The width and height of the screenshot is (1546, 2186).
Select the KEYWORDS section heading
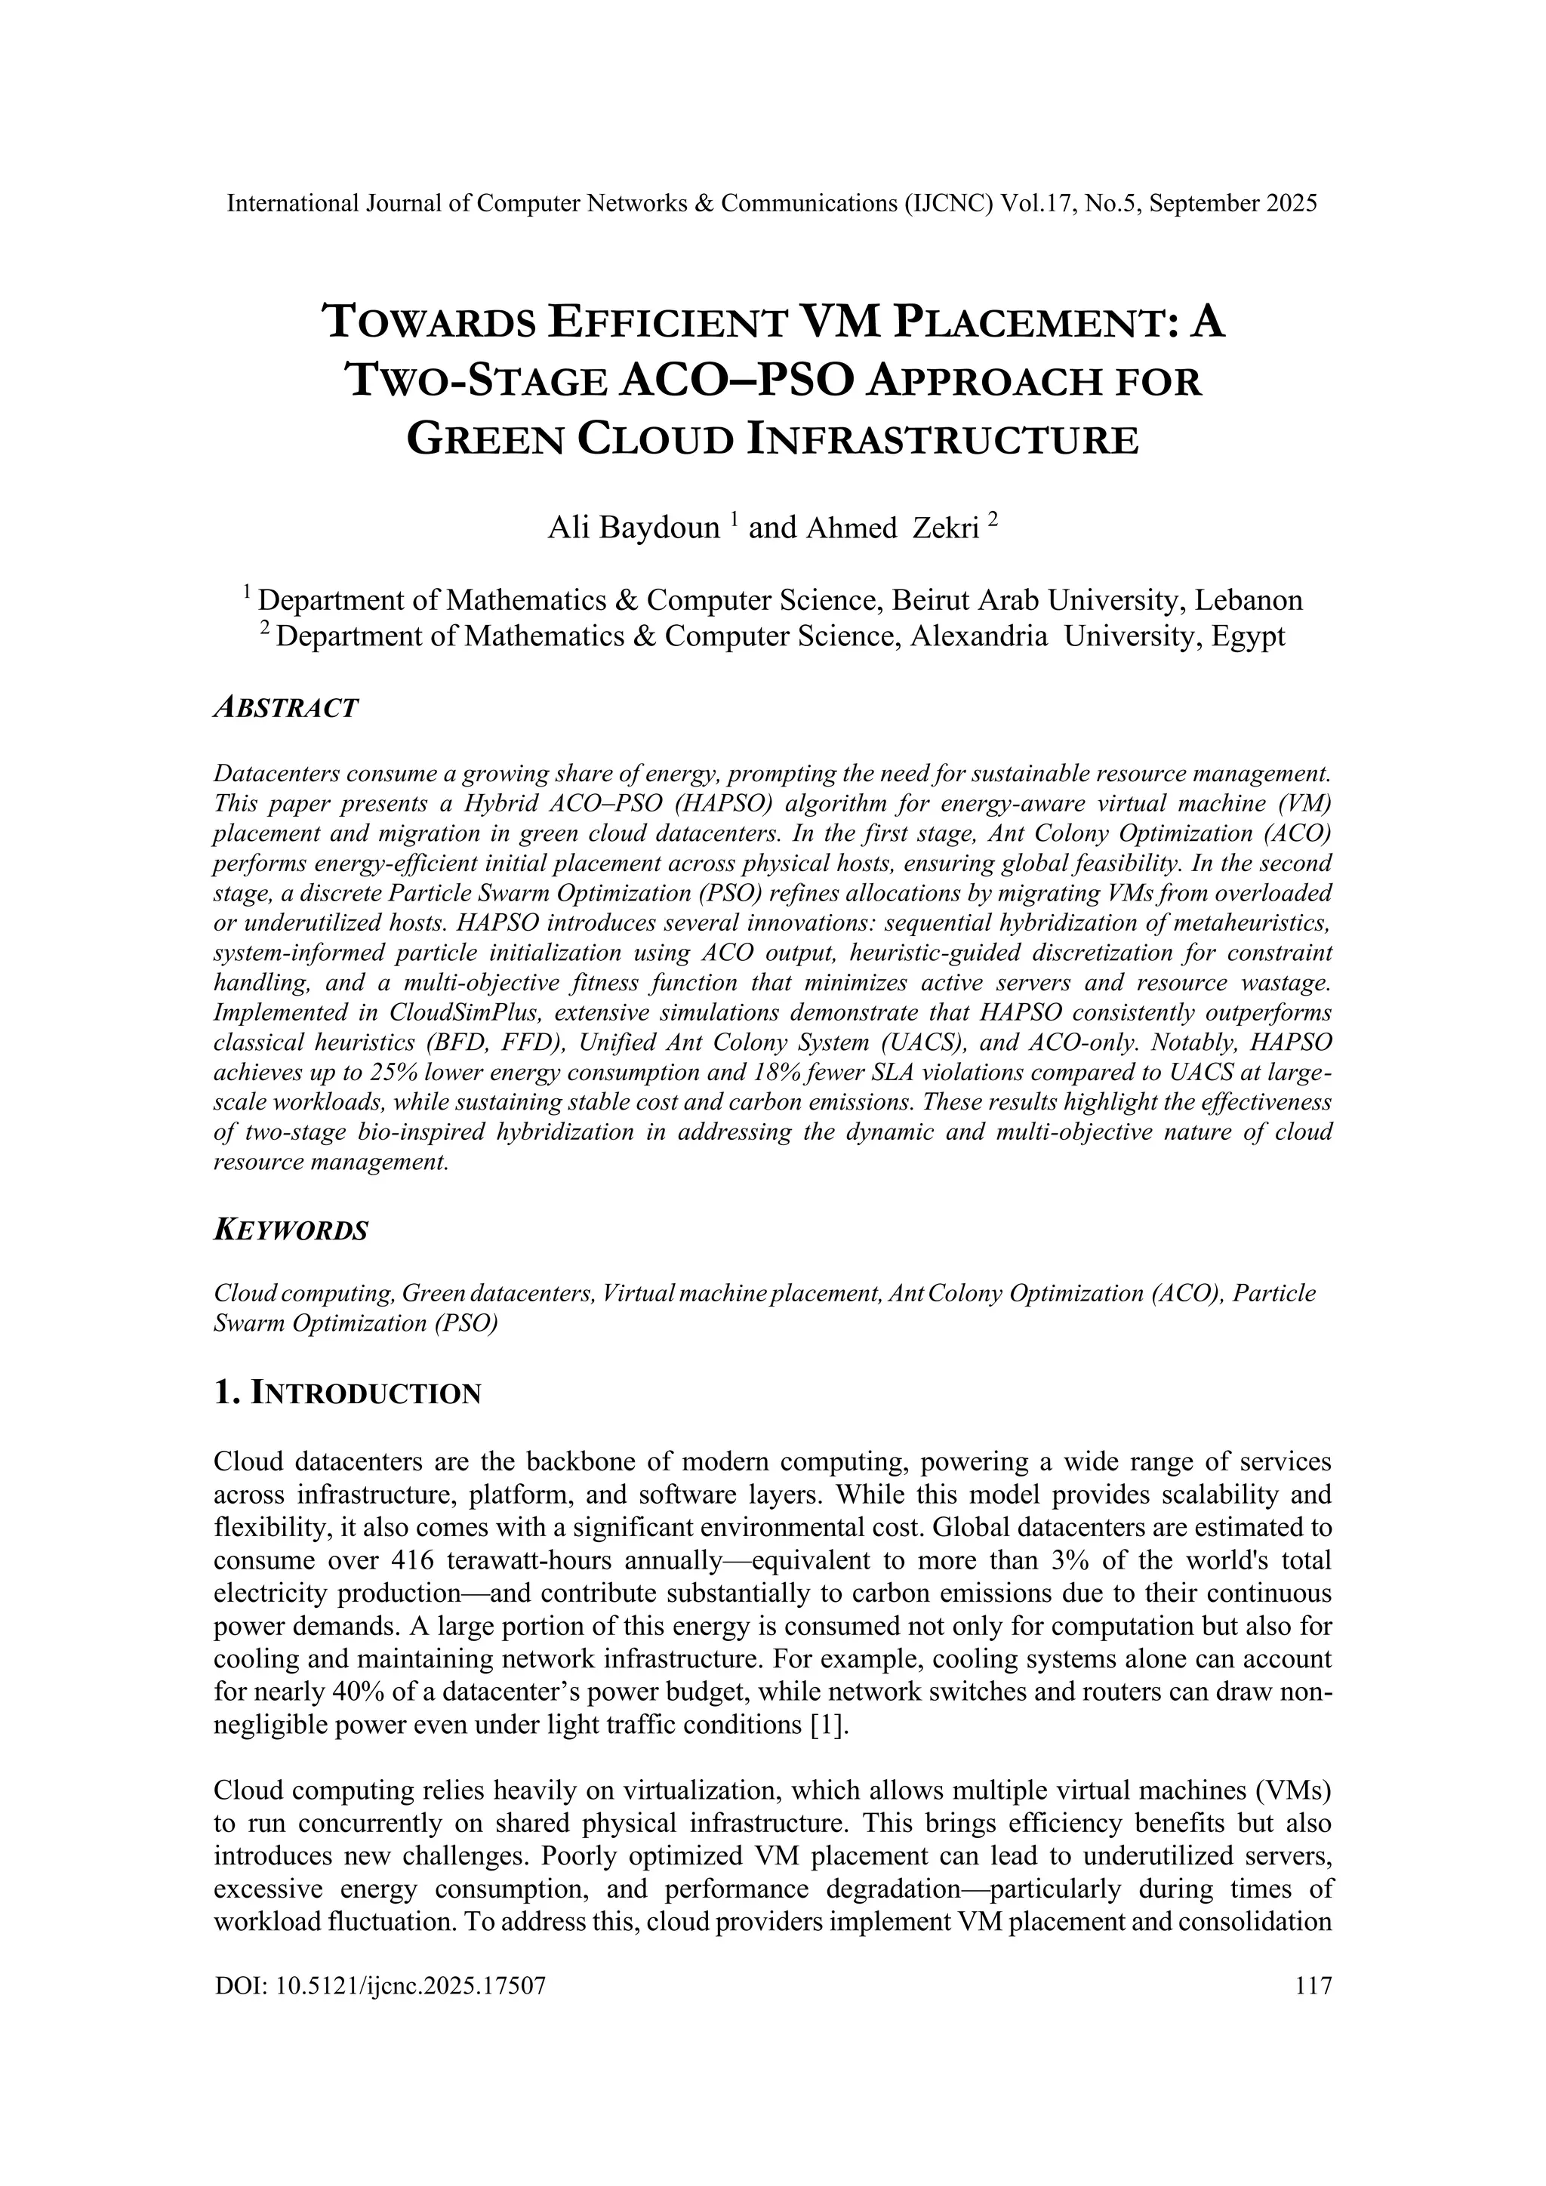tap(291, 1230)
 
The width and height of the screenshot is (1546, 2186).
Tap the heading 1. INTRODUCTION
tap(347, 1394)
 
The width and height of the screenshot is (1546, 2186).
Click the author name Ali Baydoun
tap(633, 528)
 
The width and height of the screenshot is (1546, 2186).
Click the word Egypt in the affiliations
tap(1248, 636)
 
